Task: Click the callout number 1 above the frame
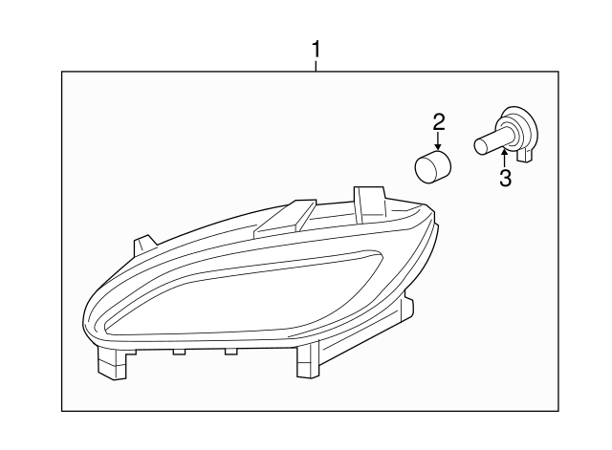[x=317, y=48]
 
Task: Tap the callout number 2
[x=439, y=121]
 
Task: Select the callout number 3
[x=504, y=178]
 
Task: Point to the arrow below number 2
[x=439, y=140]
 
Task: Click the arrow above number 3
[x=504, y=160]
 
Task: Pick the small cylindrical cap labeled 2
[x=433, y=166]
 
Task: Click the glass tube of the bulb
[x=490, y=145]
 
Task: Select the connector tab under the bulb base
[x=523, y=153]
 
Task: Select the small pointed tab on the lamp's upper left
[x=145, y=245]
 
